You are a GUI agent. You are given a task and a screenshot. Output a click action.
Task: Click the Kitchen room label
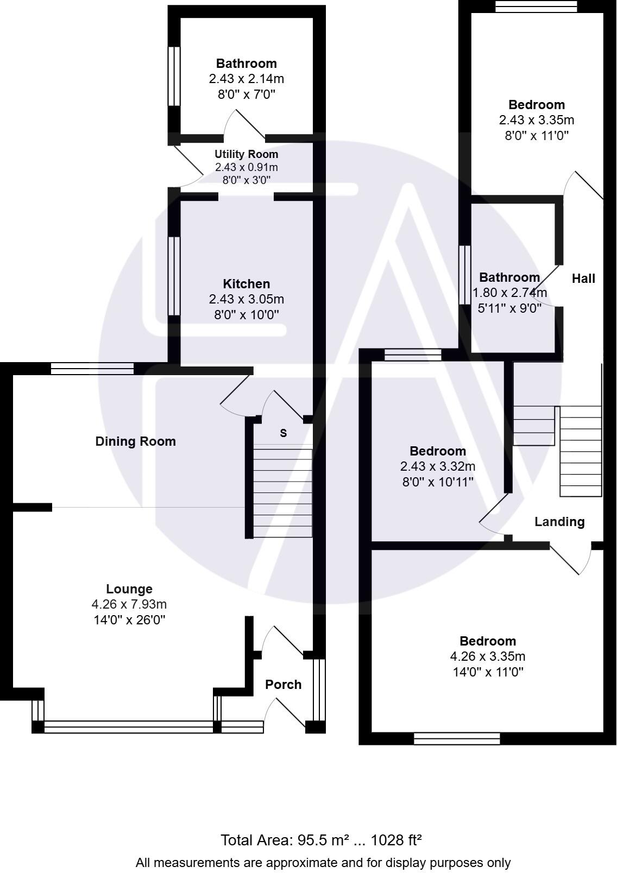[246, 284]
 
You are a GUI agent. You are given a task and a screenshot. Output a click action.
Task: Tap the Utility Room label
[246, 154]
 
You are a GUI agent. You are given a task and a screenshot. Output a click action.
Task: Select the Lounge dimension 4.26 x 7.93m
[129, 604]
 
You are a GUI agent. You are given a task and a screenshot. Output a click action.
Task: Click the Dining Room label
[135, 441]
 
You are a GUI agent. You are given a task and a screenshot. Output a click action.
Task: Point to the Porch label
[283, 685]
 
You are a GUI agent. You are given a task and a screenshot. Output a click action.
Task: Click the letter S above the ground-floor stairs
[283, 433]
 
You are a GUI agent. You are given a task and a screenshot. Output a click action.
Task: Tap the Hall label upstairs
[583, 279]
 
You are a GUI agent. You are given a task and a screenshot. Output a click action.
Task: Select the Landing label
[559, 522]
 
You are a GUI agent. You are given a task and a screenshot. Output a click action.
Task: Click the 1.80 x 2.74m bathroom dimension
[509, 293]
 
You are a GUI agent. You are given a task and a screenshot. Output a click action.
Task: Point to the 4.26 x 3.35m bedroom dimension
[488, 656]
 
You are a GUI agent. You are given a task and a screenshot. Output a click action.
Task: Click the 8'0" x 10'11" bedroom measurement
[438, 482]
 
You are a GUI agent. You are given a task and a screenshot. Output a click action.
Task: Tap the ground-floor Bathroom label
[246, 64]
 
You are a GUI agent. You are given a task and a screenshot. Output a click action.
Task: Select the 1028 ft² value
[396, 840]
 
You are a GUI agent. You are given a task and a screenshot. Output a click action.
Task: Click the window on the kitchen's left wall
[173, 276]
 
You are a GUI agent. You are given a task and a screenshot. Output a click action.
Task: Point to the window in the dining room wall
[92, 369]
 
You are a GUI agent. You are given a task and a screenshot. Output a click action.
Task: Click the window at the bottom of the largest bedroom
[456, 738]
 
